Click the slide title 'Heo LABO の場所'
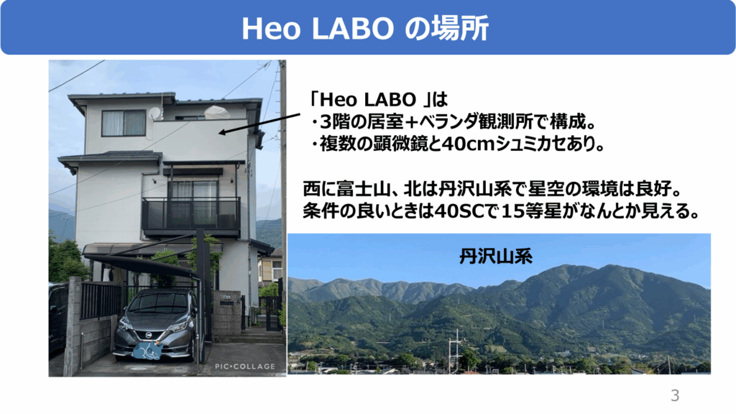click(x=364, y=28)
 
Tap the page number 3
click(x=675, y=395)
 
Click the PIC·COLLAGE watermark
click(x=245, y=366)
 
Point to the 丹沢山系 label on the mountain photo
click(x=496, y=257)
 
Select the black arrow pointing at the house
click(x=259, y=124)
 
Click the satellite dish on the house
click(x=155, y=113)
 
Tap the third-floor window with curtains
click(x=124, y=123)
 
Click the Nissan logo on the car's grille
click(x=147, y=335)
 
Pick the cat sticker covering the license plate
click(x=147, y=351)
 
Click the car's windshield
click(x=159, y=303)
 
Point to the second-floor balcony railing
click(x=191, y=214)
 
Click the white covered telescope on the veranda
click(x=217, y=113)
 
